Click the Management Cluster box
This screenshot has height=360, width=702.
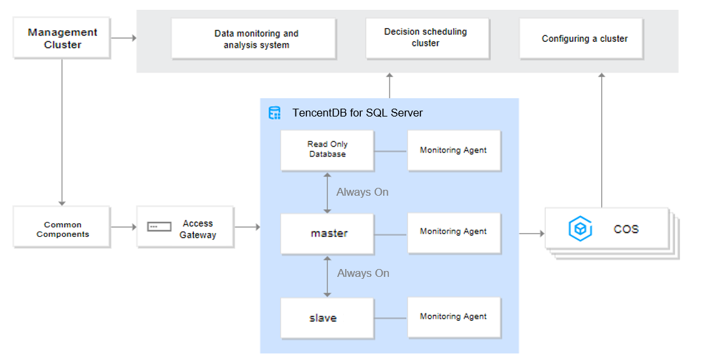click(62, 38)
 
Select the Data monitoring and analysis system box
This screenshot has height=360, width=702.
click(254, 39)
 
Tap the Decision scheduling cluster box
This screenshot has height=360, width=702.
click(428, 39)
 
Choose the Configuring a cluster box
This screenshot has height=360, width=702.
click(581, 39)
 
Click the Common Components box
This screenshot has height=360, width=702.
click(62, 227)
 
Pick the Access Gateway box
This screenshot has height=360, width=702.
click(185, 227)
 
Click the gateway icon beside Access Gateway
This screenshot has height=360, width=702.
click(159, 227)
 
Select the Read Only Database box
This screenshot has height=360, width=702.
click(327, 151)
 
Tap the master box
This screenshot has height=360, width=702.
click(327, 234)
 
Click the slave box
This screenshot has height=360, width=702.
click(327, 318)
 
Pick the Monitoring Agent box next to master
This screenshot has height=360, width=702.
click(454, 233)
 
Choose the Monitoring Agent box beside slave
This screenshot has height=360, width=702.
click(454, 318)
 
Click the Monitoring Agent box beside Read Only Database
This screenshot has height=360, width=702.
click(454, 151)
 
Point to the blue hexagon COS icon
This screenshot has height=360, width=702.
click(580, 229)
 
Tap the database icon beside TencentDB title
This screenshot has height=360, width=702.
click(274, 113)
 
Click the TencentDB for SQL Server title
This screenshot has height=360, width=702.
click(358, 113)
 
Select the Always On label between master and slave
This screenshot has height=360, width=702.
click(363, 273)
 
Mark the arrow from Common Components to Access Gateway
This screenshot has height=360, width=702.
click(124, 227)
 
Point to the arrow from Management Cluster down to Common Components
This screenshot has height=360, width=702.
click(62, 132)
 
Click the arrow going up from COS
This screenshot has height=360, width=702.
click(602, 140)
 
